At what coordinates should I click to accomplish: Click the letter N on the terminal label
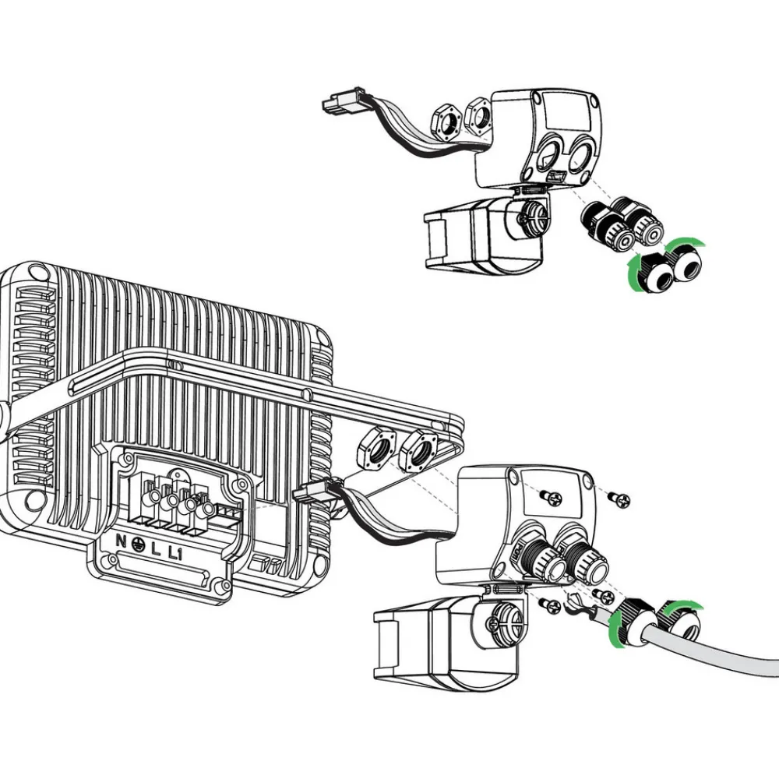coord(121,541)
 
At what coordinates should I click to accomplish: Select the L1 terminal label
coord(174,553)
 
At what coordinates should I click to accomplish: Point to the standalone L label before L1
coord(156,550)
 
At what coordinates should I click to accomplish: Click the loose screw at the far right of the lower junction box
coord(619,499)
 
